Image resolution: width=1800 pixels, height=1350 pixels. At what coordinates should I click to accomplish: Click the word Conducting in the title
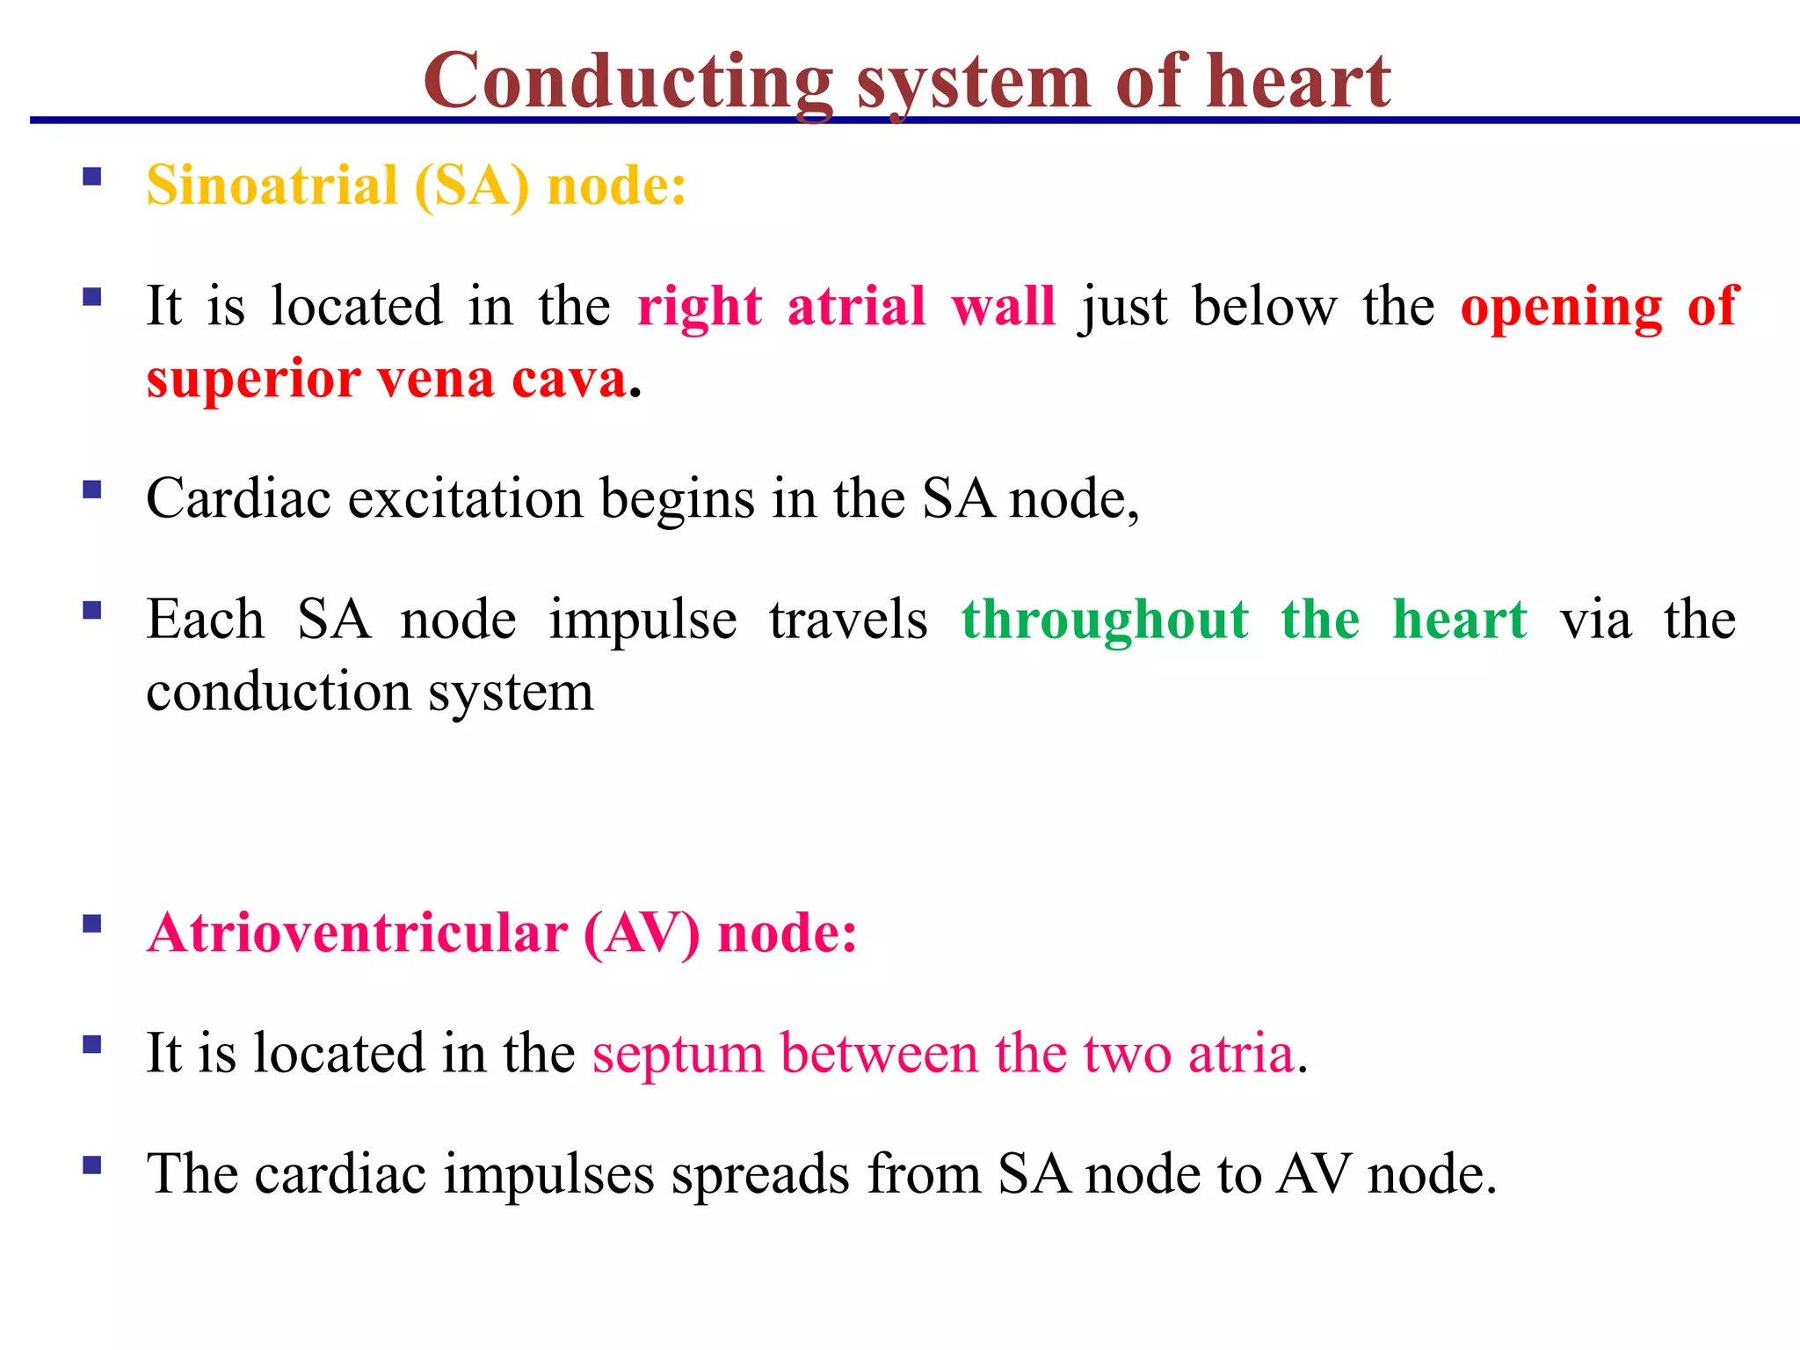tap(628, 82)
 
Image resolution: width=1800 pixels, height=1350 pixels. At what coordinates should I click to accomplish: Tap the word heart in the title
tap(1298, 82)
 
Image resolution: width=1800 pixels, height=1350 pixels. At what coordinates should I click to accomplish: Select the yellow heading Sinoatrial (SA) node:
tap(416, 186)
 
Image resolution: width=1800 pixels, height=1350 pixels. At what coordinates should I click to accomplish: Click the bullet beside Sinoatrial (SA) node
tap(92, 178)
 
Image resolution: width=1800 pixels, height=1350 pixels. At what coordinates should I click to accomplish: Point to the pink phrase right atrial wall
tap(846, 307)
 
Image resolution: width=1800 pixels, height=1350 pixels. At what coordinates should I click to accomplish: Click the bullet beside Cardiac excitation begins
tap(92, 490)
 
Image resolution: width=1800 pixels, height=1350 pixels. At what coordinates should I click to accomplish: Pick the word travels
tap(848, 620)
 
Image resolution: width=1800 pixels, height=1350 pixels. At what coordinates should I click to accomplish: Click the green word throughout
tap(1105, 621)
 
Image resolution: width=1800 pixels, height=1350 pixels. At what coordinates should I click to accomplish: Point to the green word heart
tap(1460, 620)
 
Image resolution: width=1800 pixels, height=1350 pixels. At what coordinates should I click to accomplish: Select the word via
tap(1595, 620)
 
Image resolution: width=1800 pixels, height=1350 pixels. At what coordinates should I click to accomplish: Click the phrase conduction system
tap(369, 693)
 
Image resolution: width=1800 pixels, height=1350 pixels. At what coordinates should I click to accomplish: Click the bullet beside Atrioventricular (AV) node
tap(92, 925)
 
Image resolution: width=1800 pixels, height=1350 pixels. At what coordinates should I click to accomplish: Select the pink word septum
tap(678, 1055)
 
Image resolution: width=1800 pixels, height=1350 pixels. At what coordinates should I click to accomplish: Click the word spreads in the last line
tap(760, 1175)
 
